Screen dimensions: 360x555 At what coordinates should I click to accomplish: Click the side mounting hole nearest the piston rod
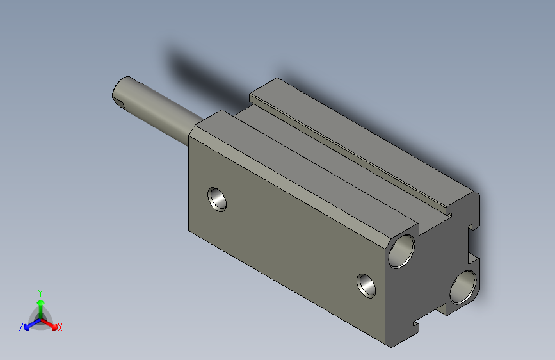click(218, 199)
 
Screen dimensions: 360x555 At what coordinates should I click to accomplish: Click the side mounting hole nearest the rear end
click(367, 284)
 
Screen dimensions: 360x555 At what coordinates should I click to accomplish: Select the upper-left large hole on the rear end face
click(403, 250)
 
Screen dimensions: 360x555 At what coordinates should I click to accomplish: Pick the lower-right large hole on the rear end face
click(463, 286)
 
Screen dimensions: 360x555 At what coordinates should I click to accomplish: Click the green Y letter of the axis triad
click(40, 292)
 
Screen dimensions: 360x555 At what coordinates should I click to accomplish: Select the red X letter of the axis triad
click(60, 328)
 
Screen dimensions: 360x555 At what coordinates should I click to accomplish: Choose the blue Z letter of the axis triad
click(20, 327)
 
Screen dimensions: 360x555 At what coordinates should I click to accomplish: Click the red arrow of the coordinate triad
click(52, 324)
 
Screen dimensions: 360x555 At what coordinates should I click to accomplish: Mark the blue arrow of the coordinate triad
click(29, 325)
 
